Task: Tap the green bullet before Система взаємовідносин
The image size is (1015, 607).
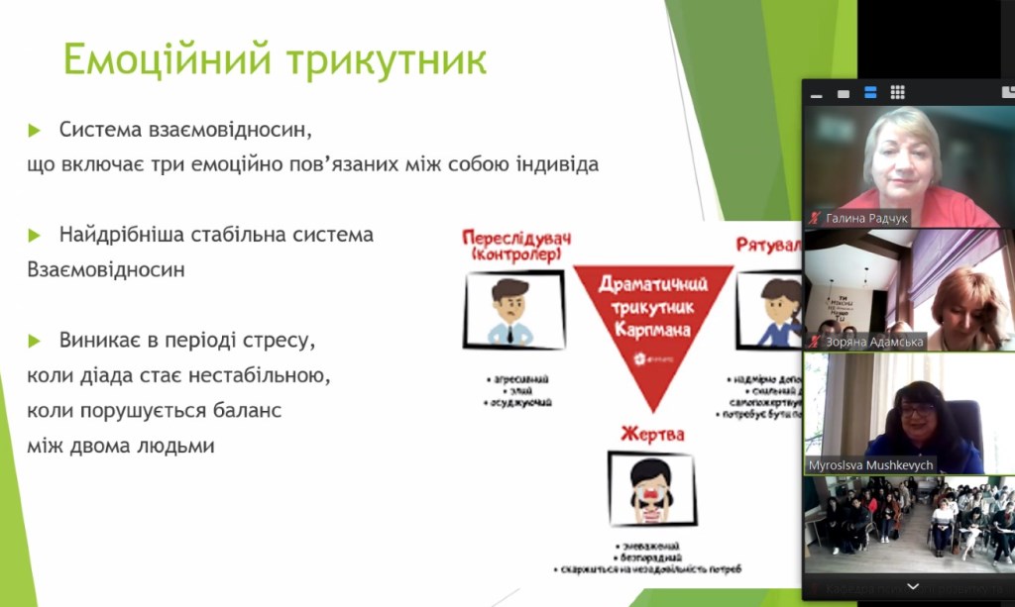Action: click(35, 130)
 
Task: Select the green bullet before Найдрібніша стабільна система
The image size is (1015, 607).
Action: click(35, 236)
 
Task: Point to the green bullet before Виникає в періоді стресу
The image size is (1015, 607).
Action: click(35, 341)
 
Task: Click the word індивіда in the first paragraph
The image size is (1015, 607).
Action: click(556, 164)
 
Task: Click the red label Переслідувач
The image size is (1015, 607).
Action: click(516, 239)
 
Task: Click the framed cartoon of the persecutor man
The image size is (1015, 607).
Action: click(513, 310)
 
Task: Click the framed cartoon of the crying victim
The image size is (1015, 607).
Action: click(651, 487)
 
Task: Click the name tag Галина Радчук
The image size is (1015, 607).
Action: click(859, 218)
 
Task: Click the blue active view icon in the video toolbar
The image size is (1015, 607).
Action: click(870, 93)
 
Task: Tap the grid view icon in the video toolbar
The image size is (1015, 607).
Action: click(897, 93)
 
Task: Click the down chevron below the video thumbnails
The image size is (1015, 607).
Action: click(912, 587)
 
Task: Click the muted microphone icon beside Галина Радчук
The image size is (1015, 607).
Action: click(815, 218)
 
